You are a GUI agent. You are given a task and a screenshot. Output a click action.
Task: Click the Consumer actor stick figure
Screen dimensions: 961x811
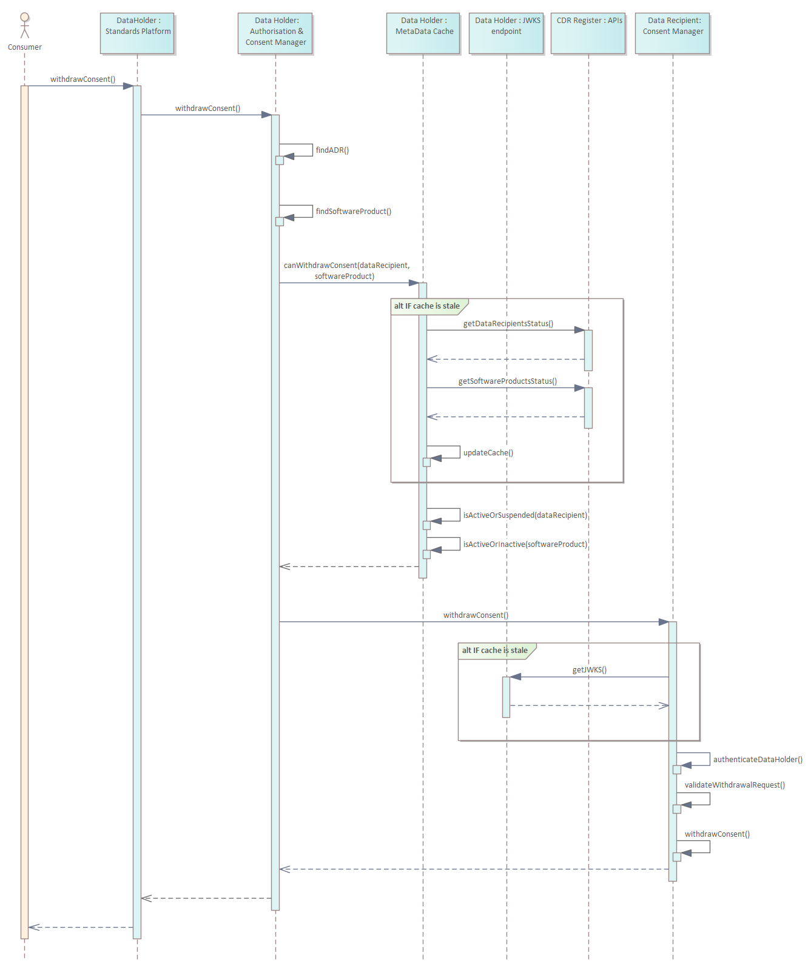pyautogui.click(x=24, y=25)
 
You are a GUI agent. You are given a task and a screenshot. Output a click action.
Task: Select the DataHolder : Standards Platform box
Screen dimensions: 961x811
pyautogui.click(x=137, y=33)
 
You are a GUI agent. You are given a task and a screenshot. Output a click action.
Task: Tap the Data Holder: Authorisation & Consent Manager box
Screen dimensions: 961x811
pyautogui.click(x=275, y=33)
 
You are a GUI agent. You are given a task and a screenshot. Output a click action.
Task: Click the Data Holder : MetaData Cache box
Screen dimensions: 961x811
pyautogui.click(x=423, y=33)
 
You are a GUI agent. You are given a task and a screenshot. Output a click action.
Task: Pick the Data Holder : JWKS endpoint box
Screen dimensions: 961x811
pyautogui.click(x=506, y=33)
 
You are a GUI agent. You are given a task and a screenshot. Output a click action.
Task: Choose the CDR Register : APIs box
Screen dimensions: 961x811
pyautogui.click(x=588, y=33)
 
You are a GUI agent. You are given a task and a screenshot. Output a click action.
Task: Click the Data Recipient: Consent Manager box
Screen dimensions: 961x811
pyautogui.click(x=673, y=33)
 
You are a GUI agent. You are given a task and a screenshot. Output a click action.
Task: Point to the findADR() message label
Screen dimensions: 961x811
pyautogui.click(x=332, y=150)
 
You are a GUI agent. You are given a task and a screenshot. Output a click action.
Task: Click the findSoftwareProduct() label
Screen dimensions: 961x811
pyautogui.click(x=353, y=212)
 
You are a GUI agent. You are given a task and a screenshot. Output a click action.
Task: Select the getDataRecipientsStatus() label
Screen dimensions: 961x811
pyautogui.click(x=508, y=324)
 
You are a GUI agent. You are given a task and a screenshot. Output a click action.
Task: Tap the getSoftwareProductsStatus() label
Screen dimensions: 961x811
pyautogui.click(x=507, y=381)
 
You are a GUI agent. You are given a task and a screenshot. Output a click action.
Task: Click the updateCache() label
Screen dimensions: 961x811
pyautogui.click(x=488, y=453)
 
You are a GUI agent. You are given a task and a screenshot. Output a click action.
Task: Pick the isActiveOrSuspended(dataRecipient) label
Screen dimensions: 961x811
pyautogui.click(x=525, y=515)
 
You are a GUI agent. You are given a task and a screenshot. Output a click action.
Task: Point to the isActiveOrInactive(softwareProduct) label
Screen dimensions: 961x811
pyautogui.click(x=525, y=544)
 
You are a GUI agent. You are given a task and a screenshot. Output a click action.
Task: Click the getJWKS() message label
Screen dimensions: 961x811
pyautogui.click(x=589, y=670)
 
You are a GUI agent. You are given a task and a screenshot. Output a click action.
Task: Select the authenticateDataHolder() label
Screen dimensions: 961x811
pyautogui.click(x=757, y=760)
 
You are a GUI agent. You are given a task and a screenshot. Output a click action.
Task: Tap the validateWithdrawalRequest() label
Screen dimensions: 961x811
pyautogui.click(x=734, y=785)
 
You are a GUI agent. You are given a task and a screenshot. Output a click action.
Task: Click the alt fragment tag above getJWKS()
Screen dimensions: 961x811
pyautogui.click(x=494, y=651)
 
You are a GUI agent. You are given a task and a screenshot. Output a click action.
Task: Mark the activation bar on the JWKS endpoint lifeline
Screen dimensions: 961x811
pyautogui.click(x=506, y=697)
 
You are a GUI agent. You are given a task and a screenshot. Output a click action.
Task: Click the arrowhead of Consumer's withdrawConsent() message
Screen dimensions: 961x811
pyautogui.click(x=128, y=86)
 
